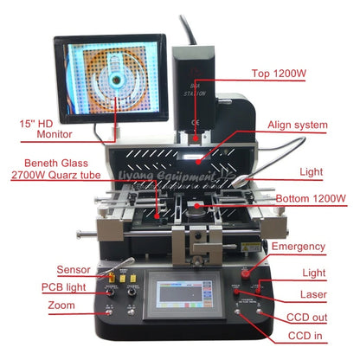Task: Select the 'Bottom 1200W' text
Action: coord(312,199)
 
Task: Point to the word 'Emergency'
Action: coord(299,247)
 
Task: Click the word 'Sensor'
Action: coord(74,269)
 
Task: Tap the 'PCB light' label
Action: coord(65,287)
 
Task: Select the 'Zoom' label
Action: coord(61,305)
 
